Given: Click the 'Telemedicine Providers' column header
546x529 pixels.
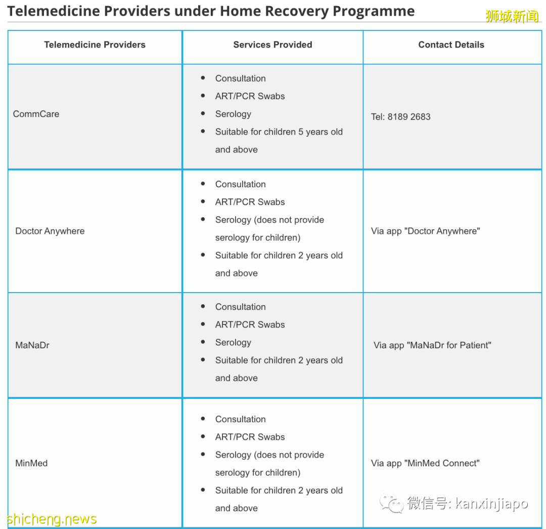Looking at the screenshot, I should coord(95,45).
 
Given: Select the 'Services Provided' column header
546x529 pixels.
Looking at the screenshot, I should coord(272,45).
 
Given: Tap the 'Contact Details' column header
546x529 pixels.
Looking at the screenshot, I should coord(451,45).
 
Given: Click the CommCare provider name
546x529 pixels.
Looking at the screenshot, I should coord(36,114).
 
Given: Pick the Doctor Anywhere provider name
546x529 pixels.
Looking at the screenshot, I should coord(50,231).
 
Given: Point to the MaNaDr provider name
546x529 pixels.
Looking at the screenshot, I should coord(32,345).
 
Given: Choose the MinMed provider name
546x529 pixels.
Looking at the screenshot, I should coord(31,463).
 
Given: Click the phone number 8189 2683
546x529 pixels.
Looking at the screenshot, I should coord(409,116).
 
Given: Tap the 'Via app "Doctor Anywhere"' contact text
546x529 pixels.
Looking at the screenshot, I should coord(425,231).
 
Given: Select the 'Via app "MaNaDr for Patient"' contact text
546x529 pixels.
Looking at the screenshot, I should coord(432,345).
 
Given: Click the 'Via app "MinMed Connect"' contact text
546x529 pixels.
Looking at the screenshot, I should coord(425,463).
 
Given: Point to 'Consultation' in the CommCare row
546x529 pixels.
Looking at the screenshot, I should coord(240,78).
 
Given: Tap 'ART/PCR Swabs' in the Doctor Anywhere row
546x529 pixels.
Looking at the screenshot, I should coord(250,202).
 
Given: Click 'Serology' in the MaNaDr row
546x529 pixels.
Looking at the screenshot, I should coord(233,342).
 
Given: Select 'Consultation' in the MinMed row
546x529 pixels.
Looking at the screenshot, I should coord(240,419).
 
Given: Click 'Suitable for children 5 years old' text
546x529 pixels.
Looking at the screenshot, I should coord(279,132).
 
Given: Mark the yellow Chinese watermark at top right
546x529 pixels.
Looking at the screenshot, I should coord(512,16).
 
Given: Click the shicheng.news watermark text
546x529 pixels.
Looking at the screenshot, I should coord(52,519).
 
